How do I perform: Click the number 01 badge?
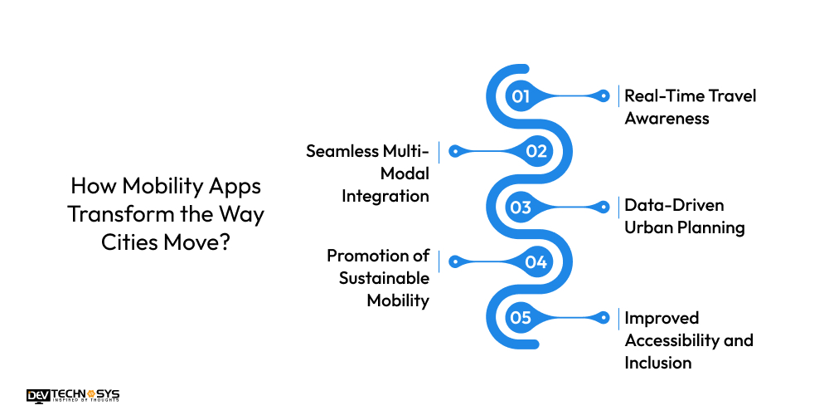click(x=521, y=96)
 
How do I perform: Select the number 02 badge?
click(x=536, y=151)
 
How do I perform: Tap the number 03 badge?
click(x=521, y=207)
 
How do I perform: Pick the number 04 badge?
click(x=536, y=262)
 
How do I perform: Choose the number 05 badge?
click(x=521, y=317)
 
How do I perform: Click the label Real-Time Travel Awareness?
click(x=690, y=107)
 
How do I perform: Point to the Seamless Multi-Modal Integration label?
click(x=367, y=173)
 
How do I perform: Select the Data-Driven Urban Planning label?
click(x=684, y=217)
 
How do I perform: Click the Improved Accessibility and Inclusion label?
click(x=688, y=339)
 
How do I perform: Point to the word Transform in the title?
click(x=119, y=213)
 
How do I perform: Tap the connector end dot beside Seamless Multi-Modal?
click(x=453, y=151)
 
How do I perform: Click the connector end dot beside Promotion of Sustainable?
click(x=453, y=262)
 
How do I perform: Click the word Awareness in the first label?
click(x=667, y=119)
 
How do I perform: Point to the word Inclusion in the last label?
click(x=657, y=363)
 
